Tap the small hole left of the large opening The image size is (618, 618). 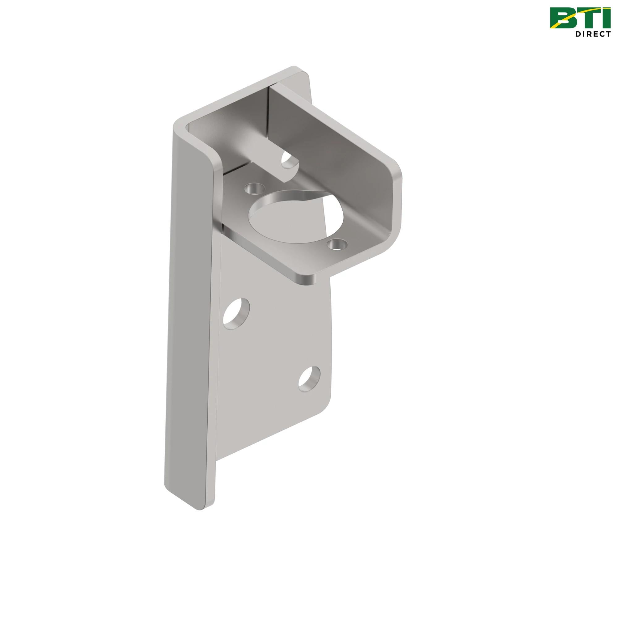click(x=253, y=188)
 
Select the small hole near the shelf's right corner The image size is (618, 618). click(x=337, y=245)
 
